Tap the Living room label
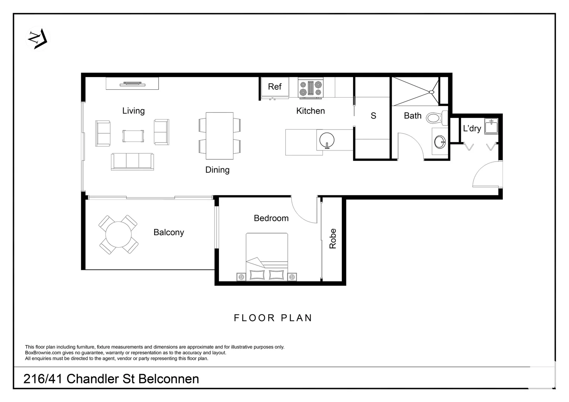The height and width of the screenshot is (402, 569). [133, 111]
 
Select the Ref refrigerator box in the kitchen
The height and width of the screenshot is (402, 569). [275, 87]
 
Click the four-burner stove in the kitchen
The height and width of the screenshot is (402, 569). [311, 89]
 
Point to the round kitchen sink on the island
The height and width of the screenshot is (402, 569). [327, 140]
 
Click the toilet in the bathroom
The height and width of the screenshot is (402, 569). [434, 118]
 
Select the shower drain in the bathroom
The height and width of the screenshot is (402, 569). [432, 92]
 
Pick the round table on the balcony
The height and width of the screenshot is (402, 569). [118, 235]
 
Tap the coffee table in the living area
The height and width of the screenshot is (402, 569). [133, 136]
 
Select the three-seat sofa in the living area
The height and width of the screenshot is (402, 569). [132, 162]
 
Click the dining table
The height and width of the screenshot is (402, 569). [220, 135]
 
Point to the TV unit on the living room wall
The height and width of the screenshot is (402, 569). [132, 83]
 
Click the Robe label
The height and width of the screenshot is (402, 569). [333, 239]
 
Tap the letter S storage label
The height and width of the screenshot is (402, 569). [373, 116]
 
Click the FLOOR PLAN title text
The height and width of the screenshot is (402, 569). [273, 318]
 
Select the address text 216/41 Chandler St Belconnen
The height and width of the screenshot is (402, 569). [111, 379]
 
